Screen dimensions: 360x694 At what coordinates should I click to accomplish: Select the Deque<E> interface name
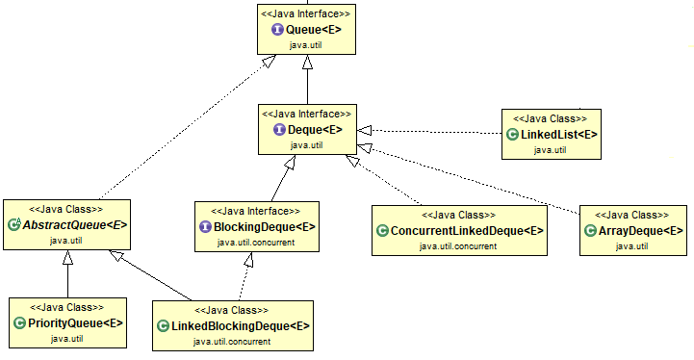(x=315, y=130)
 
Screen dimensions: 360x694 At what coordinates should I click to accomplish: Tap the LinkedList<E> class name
(x=559, y=134)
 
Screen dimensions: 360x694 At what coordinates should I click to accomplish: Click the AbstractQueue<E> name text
(x=73, y=224)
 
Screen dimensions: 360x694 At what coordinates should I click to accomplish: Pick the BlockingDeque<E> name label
(x=263, y=227)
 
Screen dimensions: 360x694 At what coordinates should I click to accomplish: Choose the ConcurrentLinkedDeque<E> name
(x=466, y=232)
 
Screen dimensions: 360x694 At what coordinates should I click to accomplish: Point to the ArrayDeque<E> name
(x=640, y=231)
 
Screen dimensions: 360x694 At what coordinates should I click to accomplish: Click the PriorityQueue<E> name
(x=73, y=322)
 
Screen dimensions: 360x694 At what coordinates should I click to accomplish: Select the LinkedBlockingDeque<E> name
(x=240, y=326)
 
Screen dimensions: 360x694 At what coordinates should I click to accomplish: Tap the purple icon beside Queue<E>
(x=277, y=31)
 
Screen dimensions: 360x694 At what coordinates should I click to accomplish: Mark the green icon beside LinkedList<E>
(x=513, y=134)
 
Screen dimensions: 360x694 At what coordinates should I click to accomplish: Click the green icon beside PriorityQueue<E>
(x=19, y=322)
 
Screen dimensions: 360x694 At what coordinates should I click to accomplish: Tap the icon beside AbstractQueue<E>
(x=14, y=224)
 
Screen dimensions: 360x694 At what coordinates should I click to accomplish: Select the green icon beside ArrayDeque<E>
(x=590, y=231)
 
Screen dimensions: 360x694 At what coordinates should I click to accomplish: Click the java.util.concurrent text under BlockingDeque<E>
(x=255, y=243)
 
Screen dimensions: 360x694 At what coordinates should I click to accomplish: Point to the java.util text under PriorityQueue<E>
(x=66, y=338)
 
